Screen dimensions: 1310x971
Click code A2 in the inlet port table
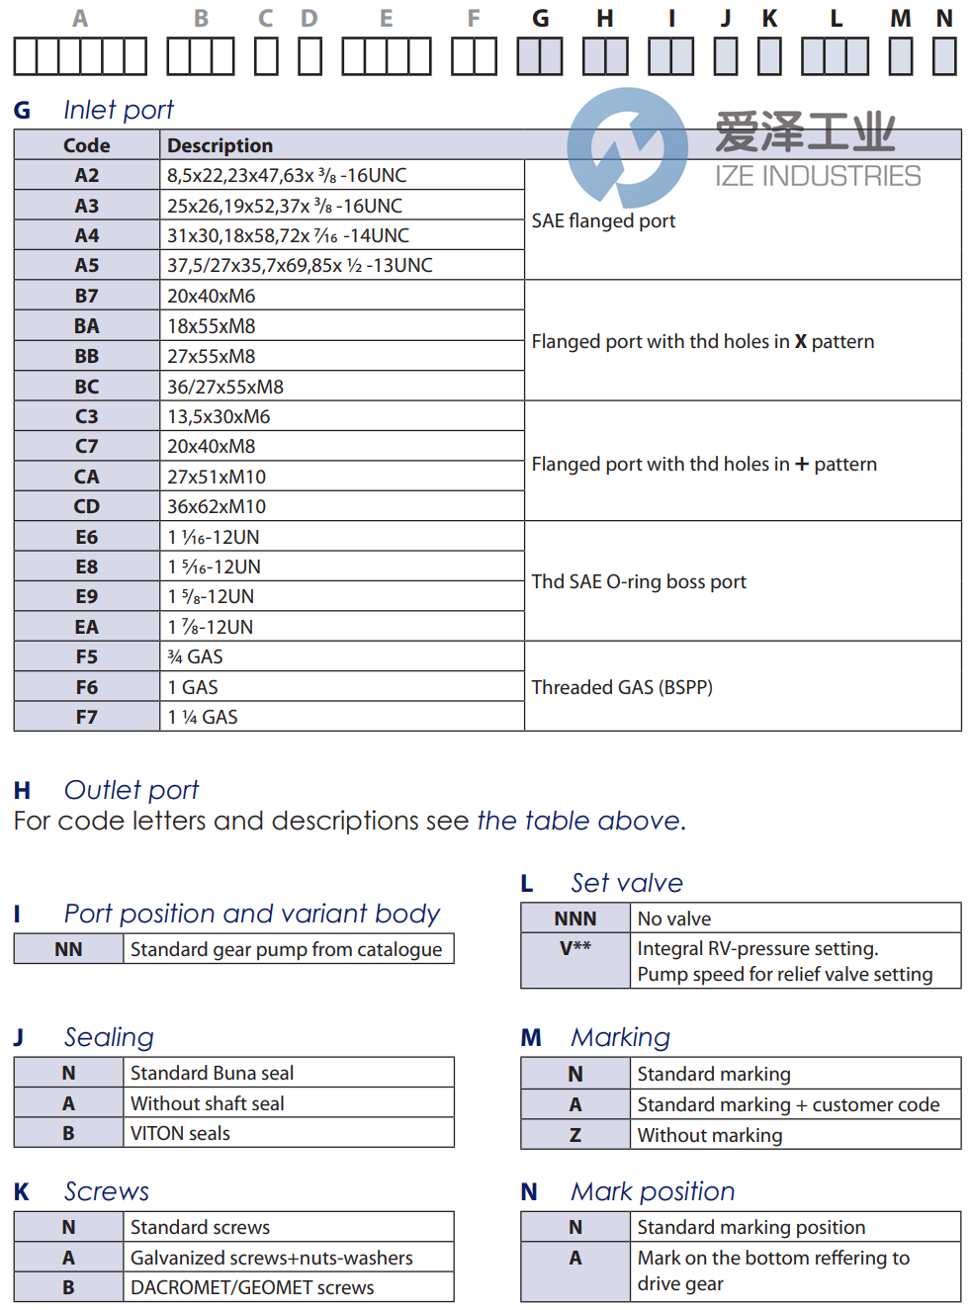87,175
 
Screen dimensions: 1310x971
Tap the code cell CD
87,506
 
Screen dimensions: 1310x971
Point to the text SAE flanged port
603,220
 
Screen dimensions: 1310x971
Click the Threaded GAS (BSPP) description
622,687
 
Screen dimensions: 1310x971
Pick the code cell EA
87,627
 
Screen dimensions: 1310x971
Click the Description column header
220,145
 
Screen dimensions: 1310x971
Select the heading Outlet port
132,790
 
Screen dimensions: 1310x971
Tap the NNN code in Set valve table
575,918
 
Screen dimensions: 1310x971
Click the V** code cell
575,949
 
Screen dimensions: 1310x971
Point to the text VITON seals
180,1133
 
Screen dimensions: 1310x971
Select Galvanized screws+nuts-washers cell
272,1258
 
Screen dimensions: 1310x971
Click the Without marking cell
710,1135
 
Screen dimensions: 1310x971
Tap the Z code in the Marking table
575,1135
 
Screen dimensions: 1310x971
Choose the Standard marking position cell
751,1227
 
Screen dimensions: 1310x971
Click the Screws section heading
107,1191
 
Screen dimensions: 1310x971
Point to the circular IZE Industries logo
627,147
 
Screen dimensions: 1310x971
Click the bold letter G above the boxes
540,19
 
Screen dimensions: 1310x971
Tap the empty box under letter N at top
944,56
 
